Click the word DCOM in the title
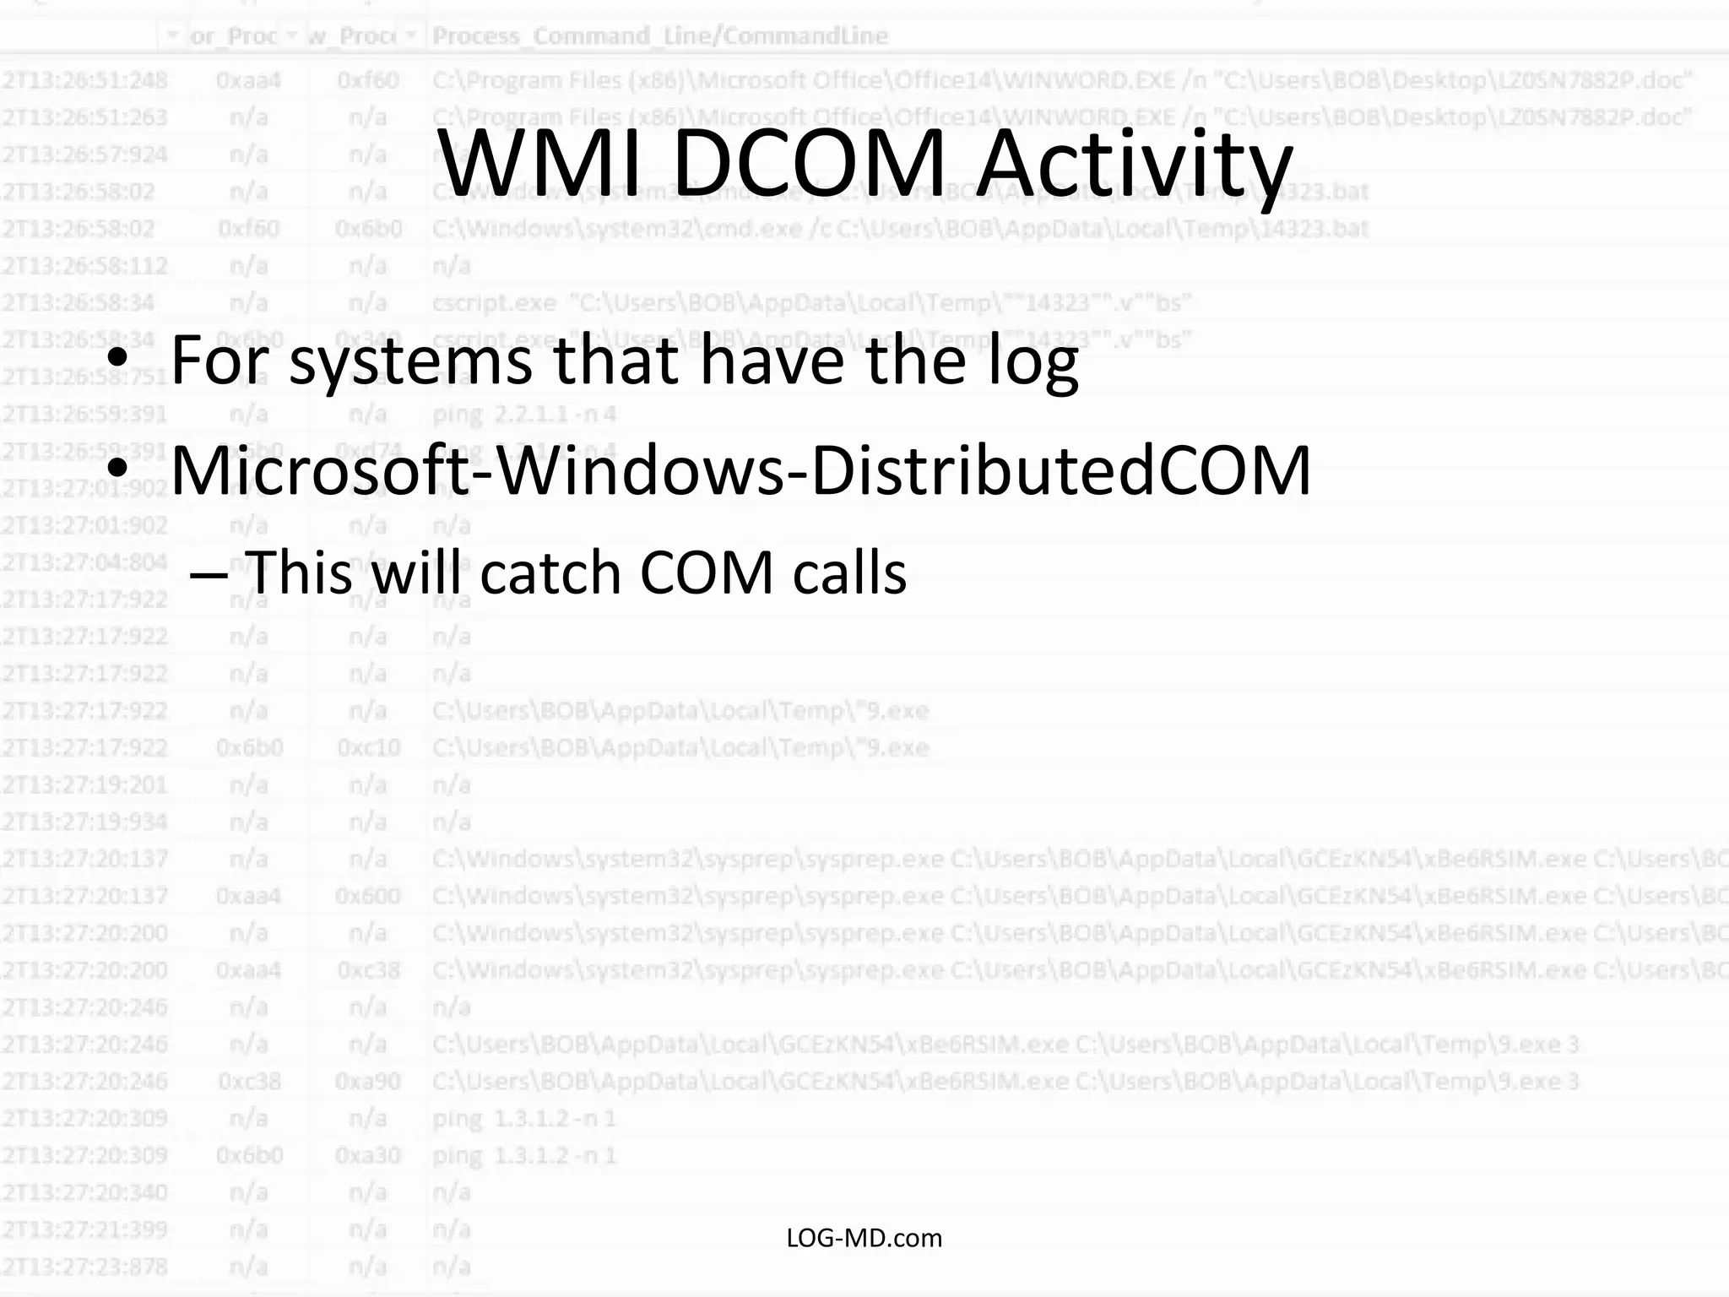click(x=808, y=162)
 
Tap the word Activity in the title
click(x=1135, y=162)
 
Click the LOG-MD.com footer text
click(x=864, y=1238)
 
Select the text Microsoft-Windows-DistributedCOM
click(x=740, y=470)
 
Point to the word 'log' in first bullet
click(x=1029, y=361)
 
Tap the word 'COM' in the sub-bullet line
click(x=707, y=573)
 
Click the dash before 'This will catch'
click(x=208, y=573)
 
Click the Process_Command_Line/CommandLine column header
click(x=659, y=35)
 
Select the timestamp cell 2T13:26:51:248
click(x=84, y=80)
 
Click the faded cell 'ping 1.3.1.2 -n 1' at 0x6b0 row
click(x=524, y=1155)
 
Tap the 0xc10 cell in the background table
click(x=368, y=747)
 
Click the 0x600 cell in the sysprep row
click(x=368, y=896)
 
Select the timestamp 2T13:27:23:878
click(x=84, y=1267)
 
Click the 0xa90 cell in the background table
click(x=368, y=1082)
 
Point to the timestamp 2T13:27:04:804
click(x=84, y=562)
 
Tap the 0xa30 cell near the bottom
click(x=368, y=1155)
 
